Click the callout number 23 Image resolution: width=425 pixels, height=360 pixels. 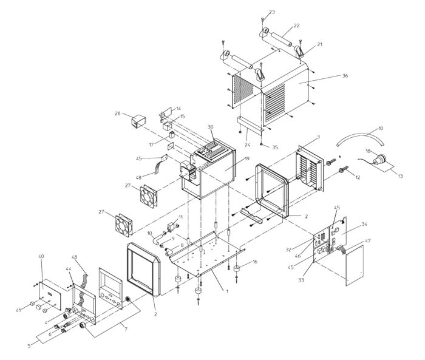tap(271, 12)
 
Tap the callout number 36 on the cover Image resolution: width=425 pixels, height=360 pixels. tap(345, 76)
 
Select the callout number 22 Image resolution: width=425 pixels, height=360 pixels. tap(296, 26)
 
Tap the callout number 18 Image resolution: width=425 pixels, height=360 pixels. tap(368, 149)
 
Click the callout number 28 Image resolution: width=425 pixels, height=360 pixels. tap(117, 114)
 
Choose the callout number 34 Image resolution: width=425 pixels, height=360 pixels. tap(364, 224)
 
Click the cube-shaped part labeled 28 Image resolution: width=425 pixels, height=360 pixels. tap(137, 121)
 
